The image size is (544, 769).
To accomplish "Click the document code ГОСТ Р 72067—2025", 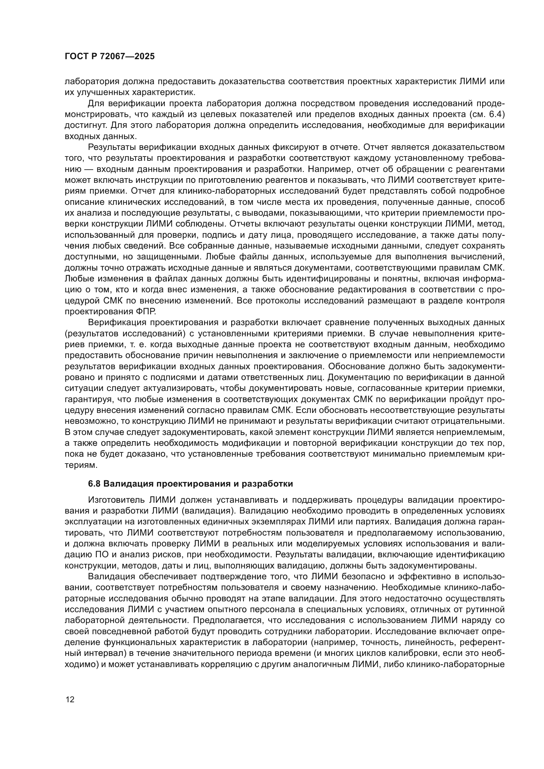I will pyautogui.click(x=110, y=57).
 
